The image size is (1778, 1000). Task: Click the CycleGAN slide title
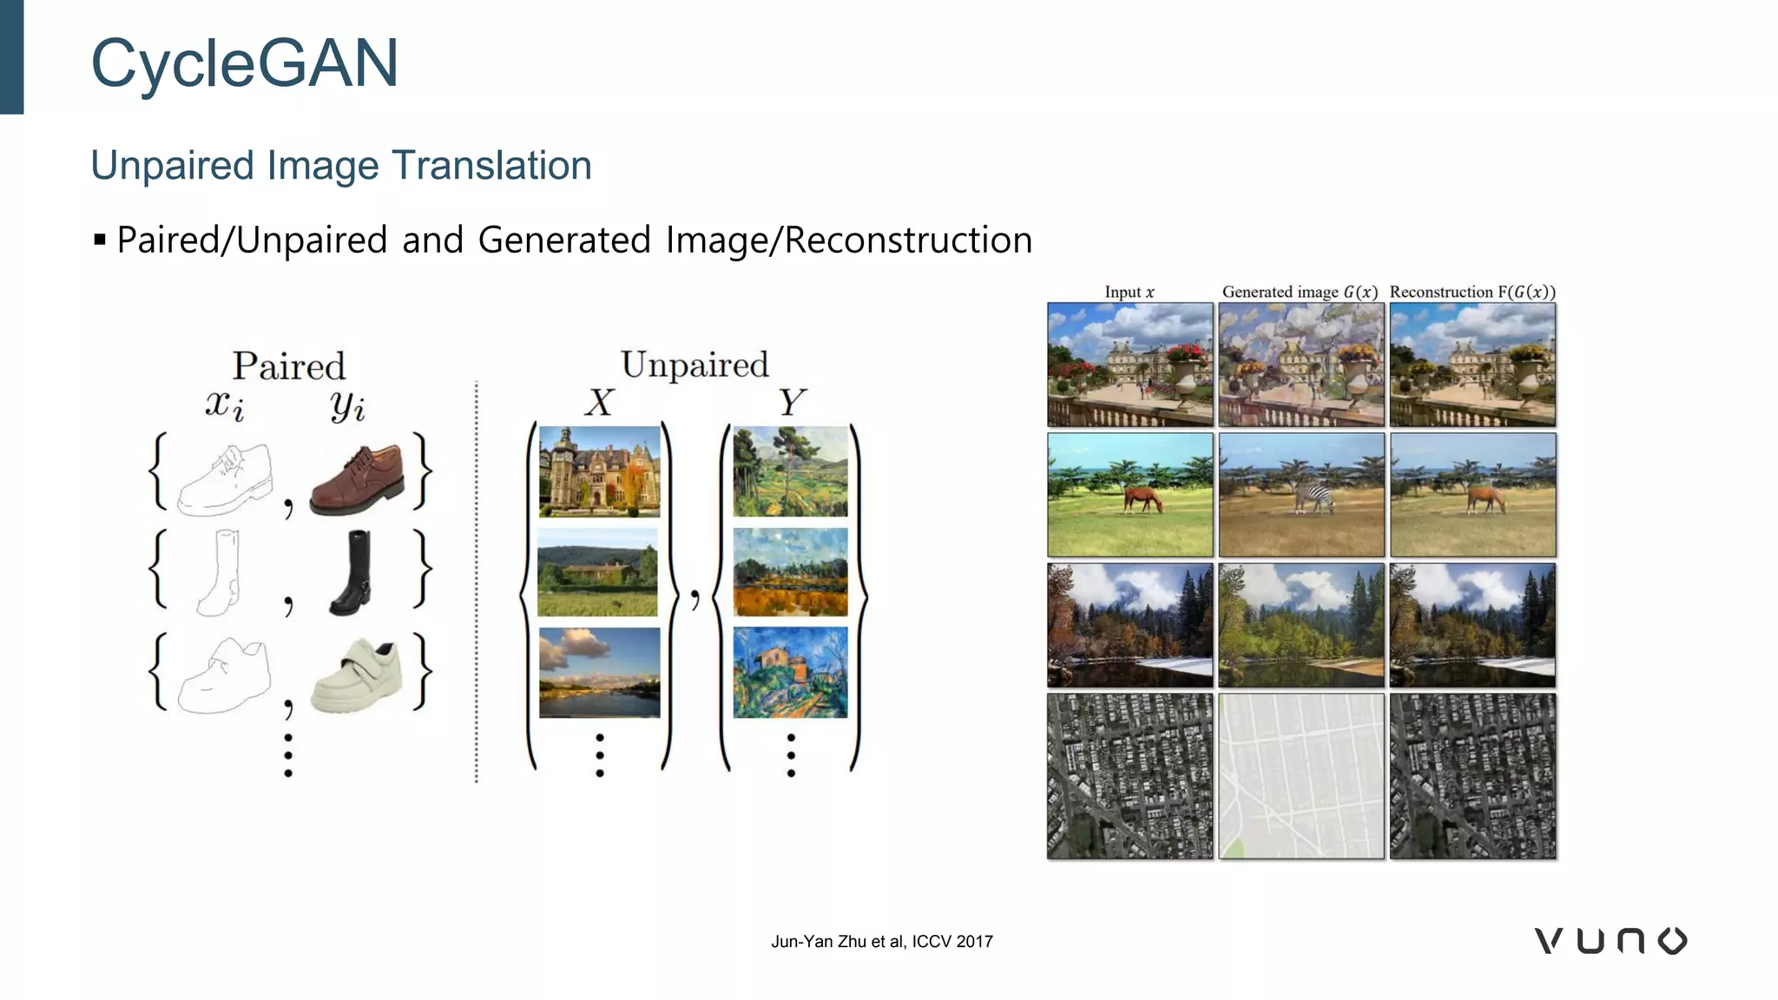pyautogui.click(x=244, y=64)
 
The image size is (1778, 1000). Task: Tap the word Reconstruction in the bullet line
pyautogui.click(x=908, y=240)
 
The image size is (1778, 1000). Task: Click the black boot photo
pyautogui.click(x=352, y=573)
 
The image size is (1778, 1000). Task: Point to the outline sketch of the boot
pyautogui.click(x=219, y=573)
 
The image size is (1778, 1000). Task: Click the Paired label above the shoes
pyautogui.click(x=288, y=366)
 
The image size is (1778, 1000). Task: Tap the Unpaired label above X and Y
pyautogui.click(x=695, y=365)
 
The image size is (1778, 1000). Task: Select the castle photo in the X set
pyautogui.click(x=599, y=471)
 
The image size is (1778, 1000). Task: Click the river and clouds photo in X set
pyautogui.click(x=599, y=673)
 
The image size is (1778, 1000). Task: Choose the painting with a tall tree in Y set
pyautogui.click(x=790, y=471)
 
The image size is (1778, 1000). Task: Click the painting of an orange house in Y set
pyautogui.click(x=790, y=673)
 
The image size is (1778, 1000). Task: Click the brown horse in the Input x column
pyautogui.click(x=1143, y=500)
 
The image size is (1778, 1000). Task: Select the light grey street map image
pyautogui.click(x=1301, y=776)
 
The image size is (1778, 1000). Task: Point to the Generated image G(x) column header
pyautogui.click(x=1300, y=293)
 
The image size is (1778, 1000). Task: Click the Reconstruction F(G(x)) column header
pyautogui.click(x=1472, y=293)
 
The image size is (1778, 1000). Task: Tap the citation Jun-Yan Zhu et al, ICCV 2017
pyautogui.click(x=881, y=942)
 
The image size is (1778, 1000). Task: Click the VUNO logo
pyautogui.click(x=1610, y=941)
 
